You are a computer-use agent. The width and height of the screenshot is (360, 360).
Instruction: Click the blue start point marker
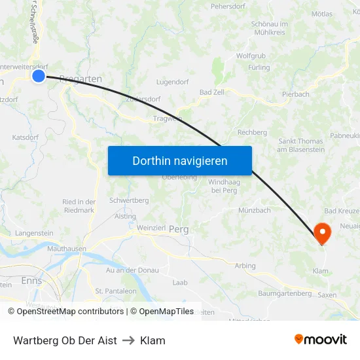(39, 77)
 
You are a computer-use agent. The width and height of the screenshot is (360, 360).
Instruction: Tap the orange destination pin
(322, 232)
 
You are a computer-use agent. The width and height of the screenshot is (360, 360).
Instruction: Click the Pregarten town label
(80, 79)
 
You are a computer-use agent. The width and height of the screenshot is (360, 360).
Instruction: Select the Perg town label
(179, 230)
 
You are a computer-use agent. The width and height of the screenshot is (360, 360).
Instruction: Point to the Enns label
(31, 281)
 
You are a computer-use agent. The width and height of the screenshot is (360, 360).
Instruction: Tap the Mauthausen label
(67, 249)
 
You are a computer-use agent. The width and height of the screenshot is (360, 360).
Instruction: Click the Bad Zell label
(212, 92)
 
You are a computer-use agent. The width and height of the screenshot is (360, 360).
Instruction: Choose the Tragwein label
(168, 118)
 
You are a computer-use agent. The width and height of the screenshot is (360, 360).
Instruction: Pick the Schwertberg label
(130, 200)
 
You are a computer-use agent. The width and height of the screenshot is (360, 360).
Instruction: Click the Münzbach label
(255, 210)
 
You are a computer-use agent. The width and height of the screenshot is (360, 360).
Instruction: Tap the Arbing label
(245, 266)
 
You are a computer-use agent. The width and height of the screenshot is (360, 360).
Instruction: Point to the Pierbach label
(296, 94)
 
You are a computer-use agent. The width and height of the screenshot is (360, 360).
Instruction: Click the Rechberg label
(252, 132)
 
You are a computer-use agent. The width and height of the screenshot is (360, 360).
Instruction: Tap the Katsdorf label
(26, 137)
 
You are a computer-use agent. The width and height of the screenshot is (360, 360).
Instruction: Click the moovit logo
(321, 339)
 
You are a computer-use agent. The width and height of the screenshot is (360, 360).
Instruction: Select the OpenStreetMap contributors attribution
(66, 312)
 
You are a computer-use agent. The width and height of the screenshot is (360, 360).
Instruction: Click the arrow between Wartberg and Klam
(128, 340)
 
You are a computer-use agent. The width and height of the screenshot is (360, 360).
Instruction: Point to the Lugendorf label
(173, 82)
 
